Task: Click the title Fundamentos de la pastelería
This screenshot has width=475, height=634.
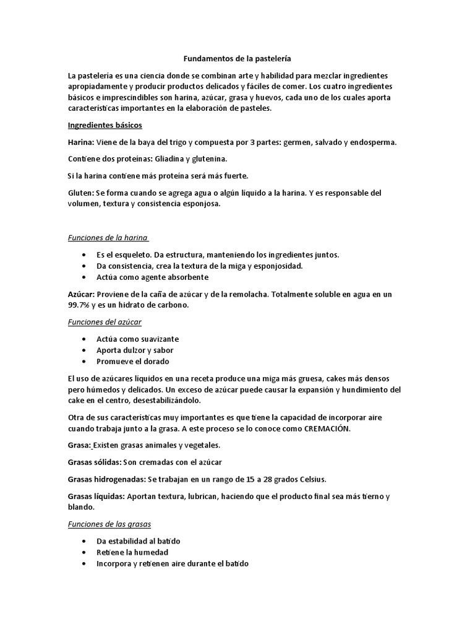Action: [237, 59]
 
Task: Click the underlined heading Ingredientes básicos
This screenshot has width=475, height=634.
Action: [105, 125]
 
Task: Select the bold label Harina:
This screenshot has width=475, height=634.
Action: [82, 142]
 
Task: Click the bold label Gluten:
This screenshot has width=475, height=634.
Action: [82, 192]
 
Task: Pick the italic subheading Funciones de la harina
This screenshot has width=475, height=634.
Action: [108, 238]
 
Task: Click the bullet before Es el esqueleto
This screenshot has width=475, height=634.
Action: [83, 255]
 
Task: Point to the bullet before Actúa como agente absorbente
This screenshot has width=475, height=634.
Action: [83, 277]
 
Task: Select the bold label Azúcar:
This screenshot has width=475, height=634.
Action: [82, 294]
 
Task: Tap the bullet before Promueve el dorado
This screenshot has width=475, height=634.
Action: [83, 362]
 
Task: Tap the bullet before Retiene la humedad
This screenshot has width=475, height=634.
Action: [83, 552]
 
